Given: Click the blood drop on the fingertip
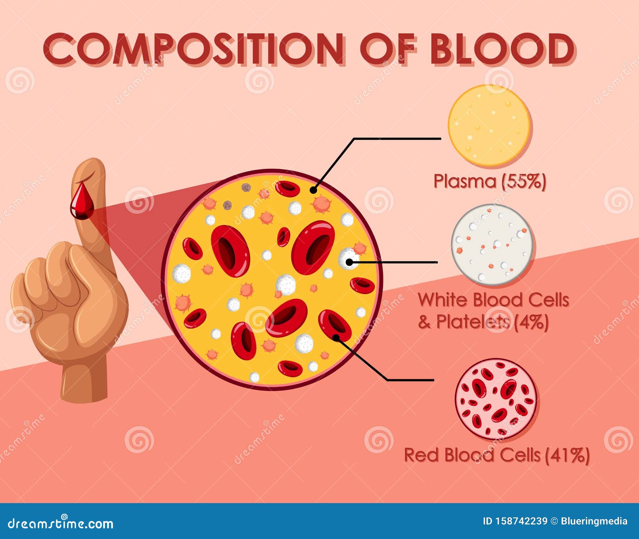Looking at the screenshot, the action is click(x=82, y=201).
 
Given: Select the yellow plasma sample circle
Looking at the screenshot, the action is click(x=489, y=125).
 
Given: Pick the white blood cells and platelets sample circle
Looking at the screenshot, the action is click(x=493, y=244).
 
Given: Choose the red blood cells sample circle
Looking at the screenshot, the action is click(x=496, y=399).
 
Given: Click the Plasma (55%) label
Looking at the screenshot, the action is click(x=490, y=182).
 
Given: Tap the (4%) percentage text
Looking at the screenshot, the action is click(x=531, y=322).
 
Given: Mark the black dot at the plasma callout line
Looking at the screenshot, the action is click(x=314, y=190).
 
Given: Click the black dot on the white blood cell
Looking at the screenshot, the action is click(x=349, y=262).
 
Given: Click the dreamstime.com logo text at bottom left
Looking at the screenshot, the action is click(x=61, y=523).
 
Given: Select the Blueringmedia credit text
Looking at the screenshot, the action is click(x=594, y=521).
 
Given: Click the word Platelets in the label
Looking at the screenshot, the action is click(x=473, y=322).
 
